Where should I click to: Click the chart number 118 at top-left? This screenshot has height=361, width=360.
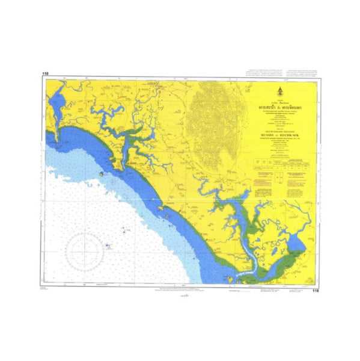coord(45,74)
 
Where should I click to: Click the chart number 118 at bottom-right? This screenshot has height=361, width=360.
coord(316,291)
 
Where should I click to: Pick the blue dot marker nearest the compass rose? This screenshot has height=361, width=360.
coord(108,245)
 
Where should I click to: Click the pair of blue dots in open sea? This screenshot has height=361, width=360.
coord(124,229)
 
